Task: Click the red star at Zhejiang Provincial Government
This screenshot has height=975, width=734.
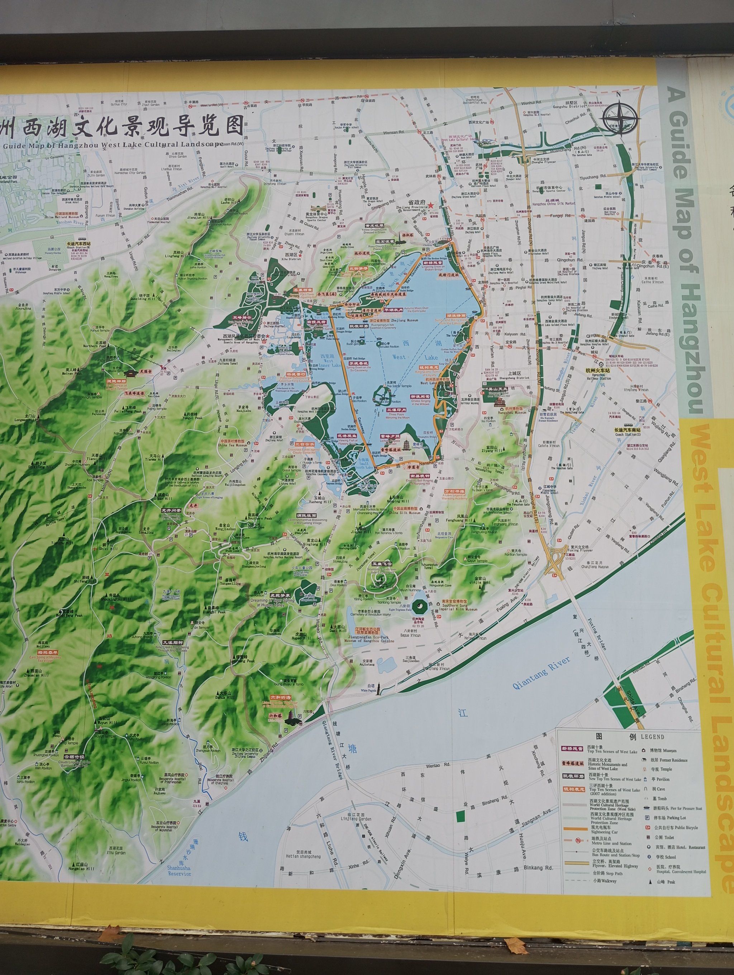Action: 432,205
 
